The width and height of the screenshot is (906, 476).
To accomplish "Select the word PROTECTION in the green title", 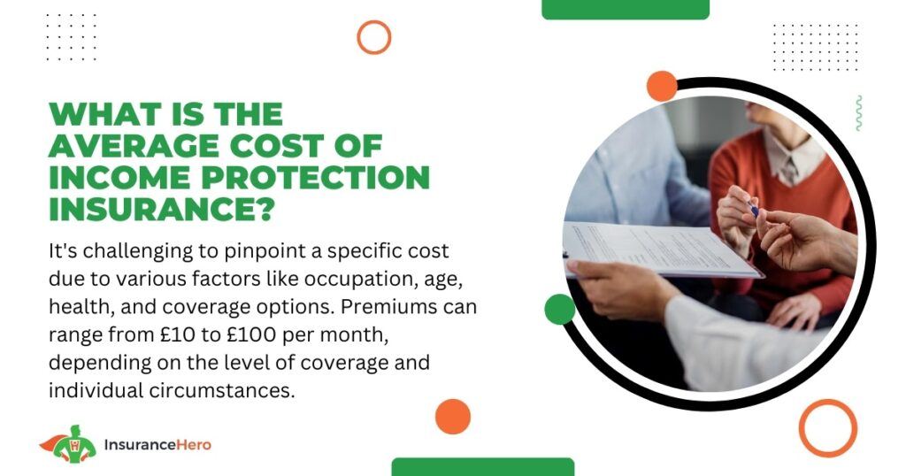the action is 316,177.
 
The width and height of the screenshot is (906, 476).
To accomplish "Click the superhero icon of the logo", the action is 68,443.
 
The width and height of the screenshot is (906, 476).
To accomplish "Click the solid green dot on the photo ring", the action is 559,309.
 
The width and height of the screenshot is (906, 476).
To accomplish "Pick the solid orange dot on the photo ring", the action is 662,86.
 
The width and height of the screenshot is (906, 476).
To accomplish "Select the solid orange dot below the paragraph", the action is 453,417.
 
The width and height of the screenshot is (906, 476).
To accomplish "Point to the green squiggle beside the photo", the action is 858,113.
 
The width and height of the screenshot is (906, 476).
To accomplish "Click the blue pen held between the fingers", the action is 754,208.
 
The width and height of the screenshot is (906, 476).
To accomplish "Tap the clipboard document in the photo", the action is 658,250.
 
